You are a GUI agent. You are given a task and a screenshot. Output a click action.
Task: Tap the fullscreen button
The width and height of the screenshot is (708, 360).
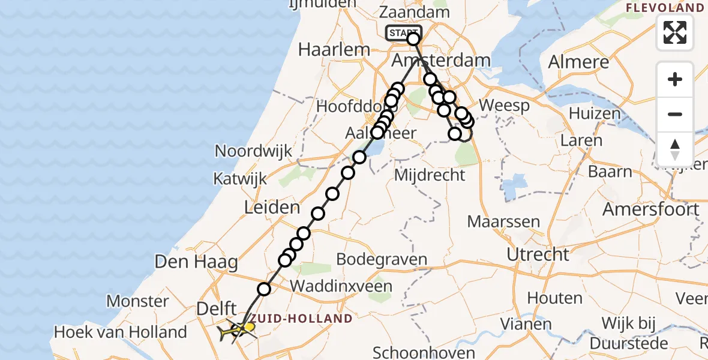[x=675, y=32]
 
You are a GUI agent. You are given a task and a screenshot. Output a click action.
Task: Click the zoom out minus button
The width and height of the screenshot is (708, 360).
[x=675, y=114]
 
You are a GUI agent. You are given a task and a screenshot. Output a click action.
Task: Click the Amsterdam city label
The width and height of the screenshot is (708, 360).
[x=440, y=61]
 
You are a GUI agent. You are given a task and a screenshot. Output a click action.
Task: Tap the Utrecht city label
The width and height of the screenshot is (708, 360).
[x=538, y=254]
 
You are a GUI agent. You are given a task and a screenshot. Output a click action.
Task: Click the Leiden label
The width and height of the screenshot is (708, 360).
[x=272, y=208]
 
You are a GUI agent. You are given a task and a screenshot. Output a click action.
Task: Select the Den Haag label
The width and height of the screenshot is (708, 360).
[x=196, y=262]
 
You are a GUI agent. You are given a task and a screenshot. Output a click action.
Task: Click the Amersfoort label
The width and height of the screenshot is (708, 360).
[x=650, y=209]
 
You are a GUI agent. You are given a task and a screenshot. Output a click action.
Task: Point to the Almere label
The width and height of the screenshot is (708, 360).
[x=578, y=62]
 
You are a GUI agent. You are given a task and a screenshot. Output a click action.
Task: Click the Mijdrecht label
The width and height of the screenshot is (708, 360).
[x=429, y=175]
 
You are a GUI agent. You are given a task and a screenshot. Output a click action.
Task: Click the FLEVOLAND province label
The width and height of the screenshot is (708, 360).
[x=665, y=8]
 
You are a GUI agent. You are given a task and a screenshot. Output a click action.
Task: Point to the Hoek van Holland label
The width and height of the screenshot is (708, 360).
[x=120, y=332]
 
